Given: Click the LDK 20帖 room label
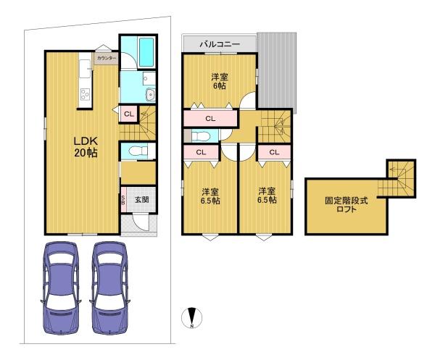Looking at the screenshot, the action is [x=86, y=147].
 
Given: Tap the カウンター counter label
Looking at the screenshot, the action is [x=107, y=58].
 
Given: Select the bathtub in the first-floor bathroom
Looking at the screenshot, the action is [x=146, y=52].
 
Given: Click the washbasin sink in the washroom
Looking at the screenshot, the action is [x=151, y=95].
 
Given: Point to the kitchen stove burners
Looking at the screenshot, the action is [x=85, y=94].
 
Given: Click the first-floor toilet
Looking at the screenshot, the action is [x=138, y=151].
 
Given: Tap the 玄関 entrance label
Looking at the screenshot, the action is [x=142, y=199].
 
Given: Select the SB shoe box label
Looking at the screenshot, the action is [x=123, y=199].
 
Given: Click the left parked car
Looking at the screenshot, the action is [x=61, y=288].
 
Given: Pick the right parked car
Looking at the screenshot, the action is [x=109, y=288].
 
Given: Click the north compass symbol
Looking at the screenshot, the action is [x=191, y=317].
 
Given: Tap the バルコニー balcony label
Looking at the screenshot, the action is [x=220, y=44].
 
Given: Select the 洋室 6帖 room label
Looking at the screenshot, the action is [x=220, y=81].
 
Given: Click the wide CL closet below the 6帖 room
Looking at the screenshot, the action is [x=210, y=119].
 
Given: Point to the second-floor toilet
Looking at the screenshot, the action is [x=200, y=136].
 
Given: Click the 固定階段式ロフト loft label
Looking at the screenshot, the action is [x=347, y=204].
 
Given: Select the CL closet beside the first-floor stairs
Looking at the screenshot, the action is [x=129, y=114].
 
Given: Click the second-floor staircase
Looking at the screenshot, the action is [x=275, y=126].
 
